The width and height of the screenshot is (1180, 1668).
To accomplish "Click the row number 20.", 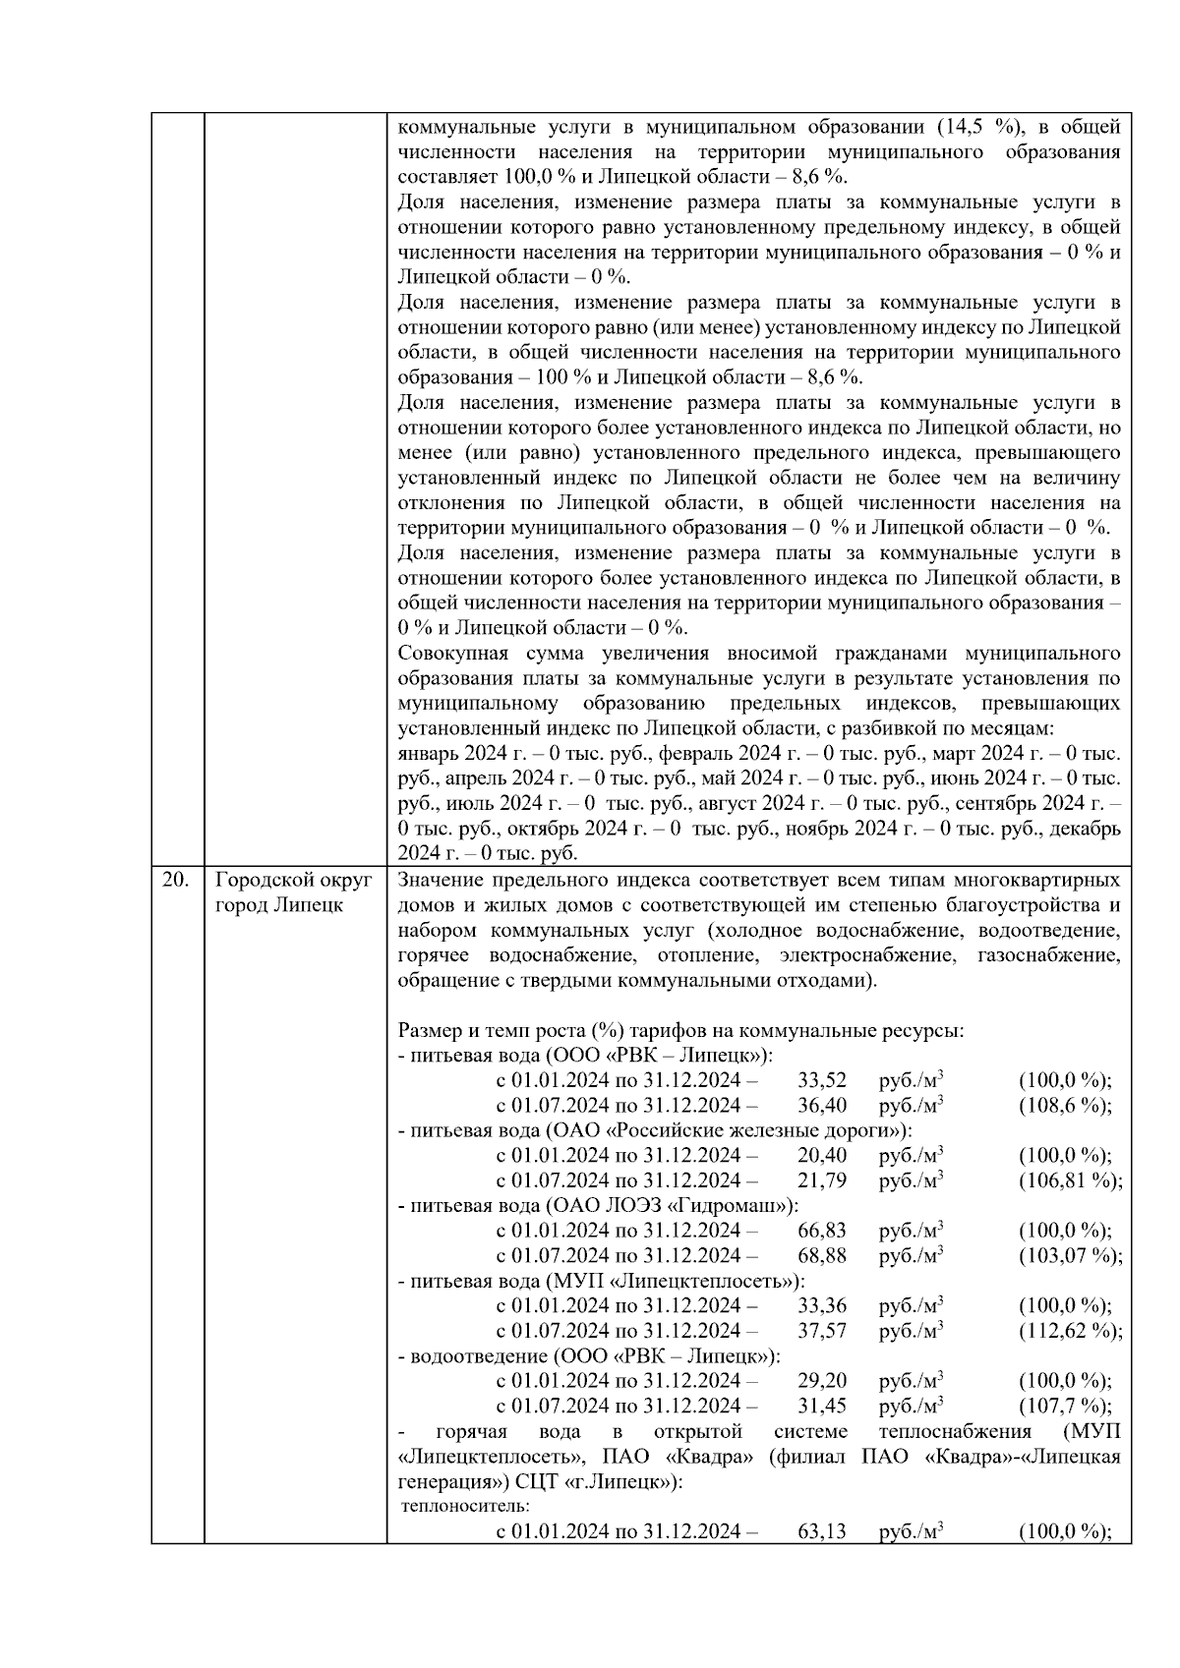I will click(x=175, y=880).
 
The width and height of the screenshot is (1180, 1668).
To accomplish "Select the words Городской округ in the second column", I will click(x=293, y=880).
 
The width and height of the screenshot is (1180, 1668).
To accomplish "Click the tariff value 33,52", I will click(x=822, y=1080).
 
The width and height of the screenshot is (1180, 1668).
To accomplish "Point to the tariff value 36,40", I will click(x=822, y=1105).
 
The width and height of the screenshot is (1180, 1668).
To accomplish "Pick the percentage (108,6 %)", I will click(x=1065, y=1105).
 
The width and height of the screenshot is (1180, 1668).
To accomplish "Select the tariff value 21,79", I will click(x=822, y=1180).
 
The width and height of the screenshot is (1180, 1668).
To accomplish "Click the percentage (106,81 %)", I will click(x=1070, y=1180).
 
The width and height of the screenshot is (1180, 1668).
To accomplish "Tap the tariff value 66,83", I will click(x=822, y=1231).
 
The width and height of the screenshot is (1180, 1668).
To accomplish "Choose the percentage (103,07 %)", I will click(x=1070, y=1255).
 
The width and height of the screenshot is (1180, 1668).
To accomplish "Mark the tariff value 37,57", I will click(x=822, y=1331).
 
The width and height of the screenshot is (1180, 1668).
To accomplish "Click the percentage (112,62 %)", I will click(x=1070, y=1331).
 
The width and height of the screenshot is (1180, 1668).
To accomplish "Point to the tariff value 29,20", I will click(x=822, y=1381).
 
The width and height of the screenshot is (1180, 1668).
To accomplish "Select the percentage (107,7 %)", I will click(x=1065, y=1406).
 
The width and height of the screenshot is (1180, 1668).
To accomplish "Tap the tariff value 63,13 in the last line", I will click(x=822, y=1531).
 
